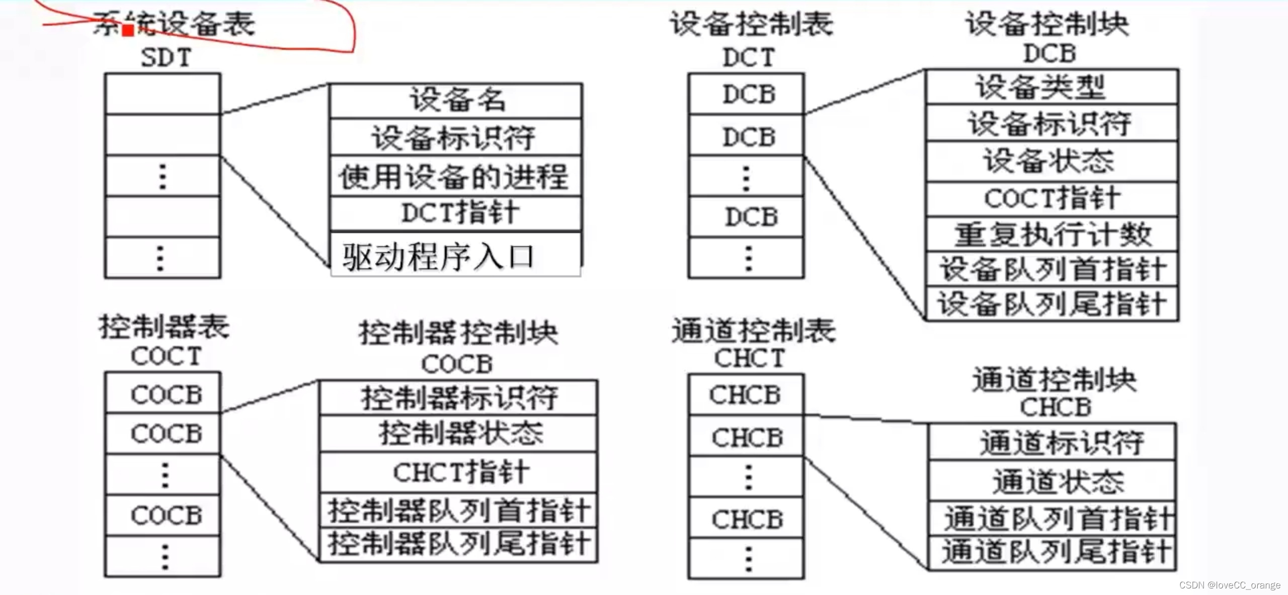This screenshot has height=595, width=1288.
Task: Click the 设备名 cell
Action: tap(456, 100)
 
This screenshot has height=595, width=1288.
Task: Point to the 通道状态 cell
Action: tap(1053, 481)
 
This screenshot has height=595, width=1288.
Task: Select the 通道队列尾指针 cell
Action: tap(1053, 552)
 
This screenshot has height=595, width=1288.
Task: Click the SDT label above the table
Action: tap(166, 57)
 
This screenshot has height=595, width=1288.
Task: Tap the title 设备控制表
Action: tap(751, 24)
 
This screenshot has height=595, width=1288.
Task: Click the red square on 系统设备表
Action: tap(128, 30)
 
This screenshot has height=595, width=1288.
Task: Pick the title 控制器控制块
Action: tap(458, 333)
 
